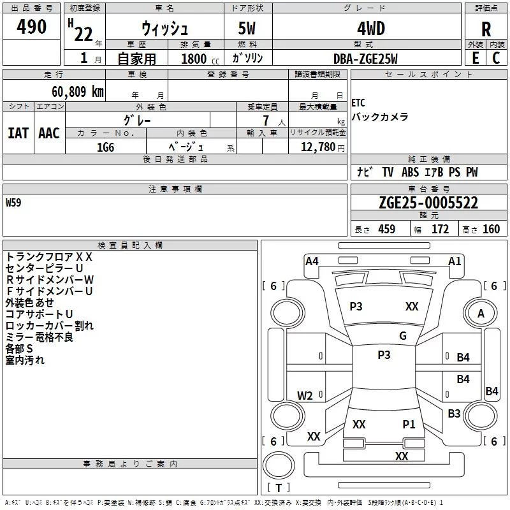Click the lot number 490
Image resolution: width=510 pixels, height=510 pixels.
tap(31, 27)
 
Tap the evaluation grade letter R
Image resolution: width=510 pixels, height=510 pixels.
tap(486, 29)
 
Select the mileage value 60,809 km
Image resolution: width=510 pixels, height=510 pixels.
tap(78, 92)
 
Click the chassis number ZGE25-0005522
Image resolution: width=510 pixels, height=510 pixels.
tap(428, 203)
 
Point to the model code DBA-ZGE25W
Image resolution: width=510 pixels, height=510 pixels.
tap(365, 59)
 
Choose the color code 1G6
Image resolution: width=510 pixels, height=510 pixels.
tap(106, 147)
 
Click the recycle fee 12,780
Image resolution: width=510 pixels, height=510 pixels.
tap(317, 147)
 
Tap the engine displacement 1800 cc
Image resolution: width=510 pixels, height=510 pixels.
tap(200, 59)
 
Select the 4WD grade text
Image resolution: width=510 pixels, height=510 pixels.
tap(371, 29)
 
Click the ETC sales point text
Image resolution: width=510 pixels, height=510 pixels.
tap(358, 103)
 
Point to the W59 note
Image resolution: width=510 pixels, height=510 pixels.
tap(13, 203)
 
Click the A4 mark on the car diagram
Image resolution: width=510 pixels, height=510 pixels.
tap(312, 261)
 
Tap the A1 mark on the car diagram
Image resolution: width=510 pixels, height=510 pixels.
tap(455, 261)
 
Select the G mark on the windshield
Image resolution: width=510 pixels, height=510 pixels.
tap(403, 336)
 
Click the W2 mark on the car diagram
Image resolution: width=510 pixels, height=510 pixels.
tap(305, 395)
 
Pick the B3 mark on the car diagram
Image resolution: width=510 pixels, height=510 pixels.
tap(454, 413)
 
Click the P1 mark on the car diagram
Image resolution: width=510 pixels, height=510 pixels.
tap(409, 424)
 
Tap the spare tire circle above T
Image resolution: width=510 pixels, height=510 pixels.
tap(279, 465)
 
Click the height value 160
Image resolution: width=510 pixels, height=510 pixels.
tap(491, 229)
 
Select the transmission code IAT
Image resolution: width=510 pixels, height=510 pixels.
tap(18, 133)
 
